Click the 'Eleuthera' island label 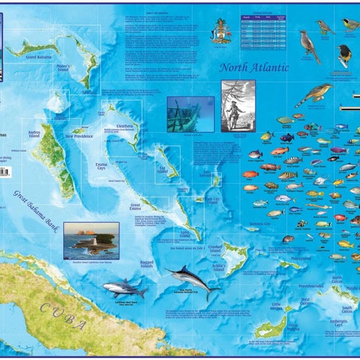[123, 125]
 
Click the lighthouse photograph [91, 240]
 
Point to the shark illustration [125, 289]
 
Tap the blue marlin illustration [191, 277]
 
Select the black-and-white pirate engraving [238, 105]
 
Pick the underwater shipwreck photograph [190, 114]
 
